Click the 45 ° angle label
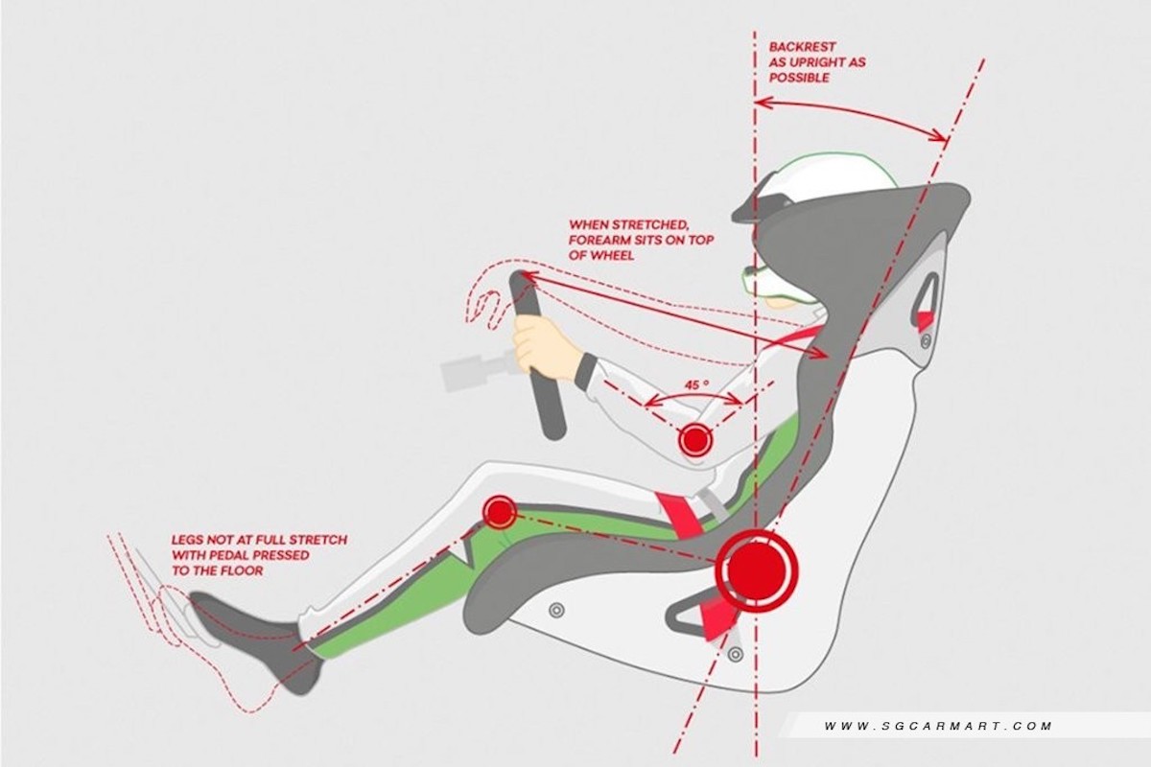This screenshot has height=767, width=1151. click(x=696, y=384)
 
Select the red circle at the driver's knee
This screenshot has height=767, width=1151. click(x=500, y=511)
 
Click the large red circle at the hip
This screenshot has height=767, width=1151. click(x=757, y=569)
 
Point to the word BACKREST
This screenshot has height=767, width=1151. click(x=802, y=47)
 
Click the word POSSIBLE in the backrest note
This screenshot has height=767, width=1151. click(x=799, y=78)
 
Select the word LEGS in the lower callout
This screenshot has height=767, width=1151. click(x=187, y=540)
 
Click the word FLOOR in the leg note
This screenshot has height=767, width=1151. click(x=241, y=570)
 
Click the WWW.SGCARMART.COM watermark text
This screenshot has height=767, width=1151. click(x=938, y=726)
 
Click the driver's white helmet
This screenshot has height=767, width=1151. click(x=817, y=188)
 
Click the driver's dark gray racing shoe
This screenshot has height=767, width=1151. click(x=257, y=637)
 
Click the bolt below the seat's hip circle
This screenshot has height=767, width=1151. click(x=736, y=654)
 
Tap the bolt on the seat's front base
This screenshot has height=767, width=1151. click(x=556, y=611)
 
